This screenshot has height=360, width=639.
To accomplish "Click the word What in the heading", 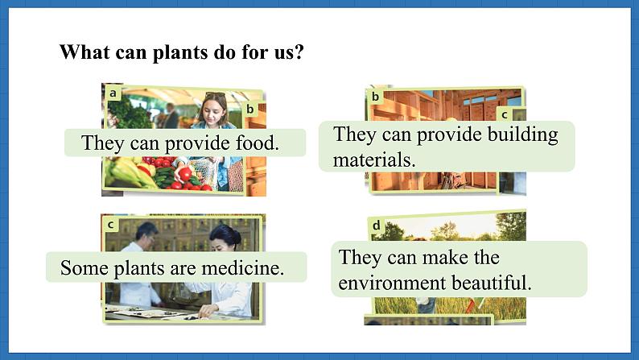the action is point(85,52).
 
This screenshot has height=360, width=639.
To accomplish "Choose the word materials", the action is point(374,159).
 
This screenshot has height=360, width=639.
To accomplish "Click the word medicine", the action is point(243,268).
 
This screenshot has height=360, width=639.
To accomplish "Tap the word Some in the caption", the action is point(85,268).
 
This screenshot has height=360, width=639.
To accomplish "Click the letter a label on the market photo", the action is point(113,93).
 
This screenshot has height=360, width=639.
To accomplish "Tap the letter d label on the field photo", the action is point(376,225).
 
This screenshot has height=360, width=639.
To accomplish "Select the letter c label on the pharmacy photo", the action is point(110,225).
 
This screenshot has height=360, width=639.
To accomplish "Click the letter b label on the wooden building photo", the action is point(375,97).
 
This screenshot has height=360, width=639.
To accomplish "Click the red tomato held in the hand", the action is point(185,174).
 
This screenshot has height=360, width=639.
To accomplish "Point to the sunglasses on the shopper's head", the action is point(215,95).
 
